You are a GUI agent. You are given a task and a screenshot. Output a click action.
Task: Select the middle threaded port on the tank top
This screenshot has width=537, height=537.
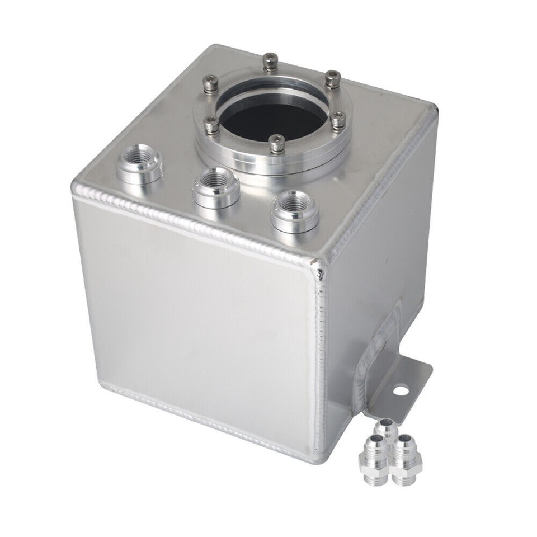[215, 184]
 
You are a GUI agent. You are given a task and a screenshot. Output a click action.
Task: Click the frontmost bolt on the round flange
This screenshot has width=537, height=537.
[275, 144]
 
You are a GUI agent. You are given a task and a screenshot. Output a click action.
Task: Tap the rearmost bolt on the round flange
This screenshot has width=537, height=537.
[271, 60]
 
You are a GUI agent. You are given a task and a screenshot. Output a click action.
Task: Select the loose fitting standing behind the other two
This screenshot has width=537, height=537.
[384, 430]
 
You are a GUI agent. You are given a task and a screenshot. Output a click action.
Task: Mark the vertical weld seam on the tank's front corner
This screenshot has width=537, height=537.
[321, 358]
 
